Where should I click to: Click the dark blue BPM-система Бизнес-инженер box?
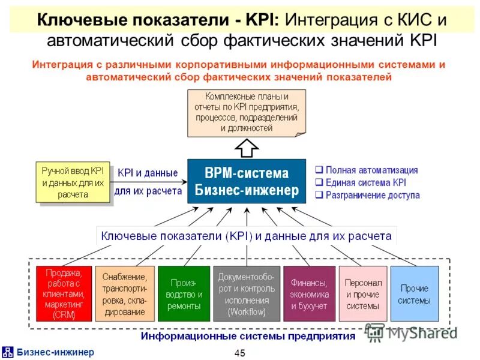click(x=247, y=182)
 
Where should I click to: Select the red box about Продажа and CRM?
click(x=64, y=293)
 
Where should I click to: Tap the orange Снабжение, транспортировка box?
click(x=124, y=293)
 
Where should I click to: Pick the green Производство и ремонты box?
click(x=184, y=293)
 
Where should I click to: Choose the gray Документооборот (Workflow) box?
click(x=246, y=293)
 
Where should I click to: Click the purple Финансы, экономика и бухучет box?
click(x=309, y=293)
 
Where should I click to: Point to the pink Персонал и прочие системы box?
click(x=362, y=293)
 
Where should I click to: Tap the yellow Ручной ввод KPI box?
click(x=73, y=182)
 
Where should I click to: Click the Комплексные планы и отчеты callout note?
click(x=246, y=112)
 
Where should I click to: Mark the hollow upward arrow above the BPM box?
click(x=247, y=147)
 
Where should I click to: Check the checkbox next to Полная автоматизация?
click(x=319, y=170)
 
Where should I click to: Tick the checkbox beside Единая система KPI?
click(x=319, y=182)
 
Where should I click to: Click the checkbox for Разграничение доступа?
click(x=319, y=195)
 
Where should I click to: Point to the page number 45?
click(x=240, y=353)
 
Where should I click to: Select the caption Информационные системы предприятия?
click(x=248, y=336)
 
